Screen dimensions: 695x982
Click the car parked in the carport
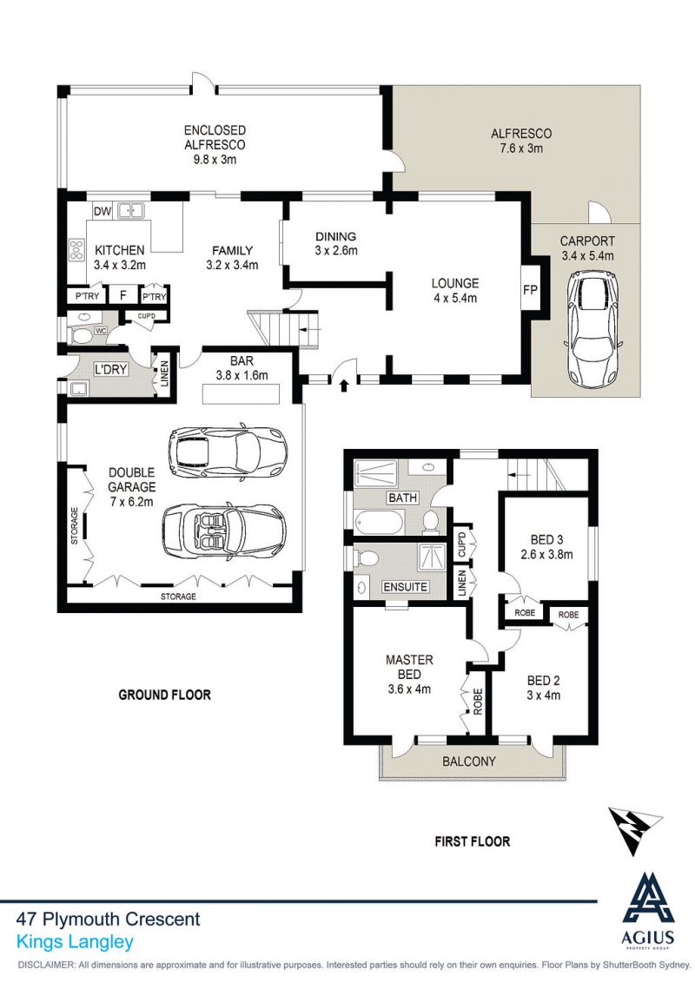point(592,329)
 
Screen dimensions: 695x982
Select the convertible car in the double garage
point(224,531)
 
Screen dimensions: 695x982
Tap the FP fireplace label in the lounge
point(530,289)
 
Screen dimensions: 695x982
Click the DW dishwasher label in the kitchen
point(103,211)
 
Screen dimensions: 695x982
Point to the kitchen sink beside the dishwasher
point(131,210)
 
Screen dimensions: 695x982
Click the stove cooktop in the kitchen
point(76,250)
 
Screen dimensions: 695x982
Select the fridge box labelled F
point(122,295)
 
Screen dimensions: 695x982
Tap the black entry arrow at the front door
point(343,385)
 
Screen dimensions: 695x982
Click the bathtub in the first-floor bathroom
point(379,523)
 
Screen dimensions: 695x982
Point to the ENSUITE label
point(406,587)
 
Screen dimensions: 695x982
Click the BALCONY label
point(469,761)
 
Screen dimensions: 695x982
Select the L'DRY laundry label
point(111,370)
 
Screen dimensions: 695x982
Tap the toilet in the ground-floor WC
point(84,336)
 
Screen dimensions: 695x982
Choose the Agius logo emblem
point(648,897)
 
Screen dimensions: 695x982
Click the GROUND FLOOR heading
point(165,695)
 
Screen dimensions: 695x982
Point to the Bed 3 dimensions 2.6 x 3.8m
point(546,554)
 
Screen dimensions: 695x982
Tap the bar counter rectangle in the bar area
point(242,393)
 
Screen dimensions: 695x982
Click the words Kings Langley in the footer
point(76,941)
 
